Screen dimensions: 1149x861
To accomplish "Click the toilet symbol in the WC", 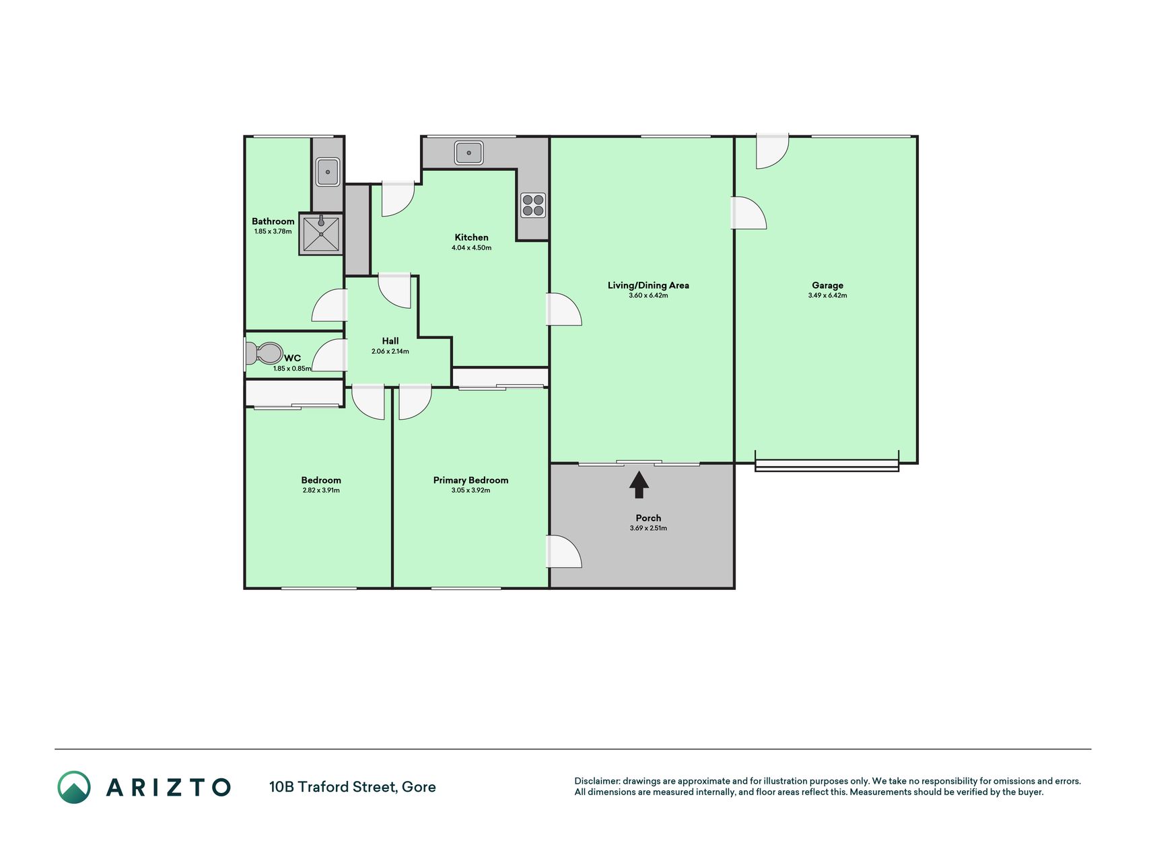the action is pyautogui.click(x=264, y=354).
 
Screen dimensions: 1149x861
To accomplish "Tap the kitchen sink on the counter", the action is pyautogui.click(x=468, y=153).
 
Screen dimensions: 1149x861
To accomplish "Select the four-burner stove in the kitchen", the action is pyautogui.click(x=533, y=205).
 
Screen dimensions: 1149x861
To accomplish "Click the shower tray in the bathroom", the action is pyautogui.click(x=321, y=233).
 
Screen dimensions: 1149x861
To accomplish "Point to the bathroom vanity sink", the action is pyautogui.click(x=328, y=172).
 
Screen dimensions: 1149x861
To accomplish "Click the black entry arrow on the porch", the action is pyautogui.click(x=639, y=484).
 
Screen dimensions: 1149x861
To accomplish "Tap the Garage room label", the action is pyautogui.click(x=827, y=285).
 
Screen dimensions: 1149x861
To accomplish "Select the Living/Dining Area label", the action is pyautogui.click(x=648, y=285).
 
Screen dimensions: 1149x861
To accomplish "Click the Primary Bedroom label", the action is pyautogui.click(x=471, y=480).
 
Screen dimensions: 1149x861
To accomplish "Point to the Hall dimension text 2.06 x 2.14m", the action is pyautogui.click(x=390, y=351).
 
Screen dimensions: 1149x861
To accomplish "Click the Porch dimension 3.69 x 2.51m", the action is pyautogui.click(x=648, y=528).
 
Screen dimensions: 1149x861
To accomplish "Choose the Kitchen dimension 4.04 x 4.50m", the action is pyautogui.click(x=471, y=248).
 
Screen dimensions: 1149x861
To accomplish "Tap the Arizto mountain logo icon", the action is pyautogui.click(x=74, y=787).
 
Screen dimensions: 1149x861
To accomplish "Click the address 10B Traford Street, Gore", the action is pyautogui.click(x=352, y=787).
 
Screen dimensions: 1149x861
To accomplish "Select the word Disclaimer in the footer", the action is pyautogui.click(x=596, y=781).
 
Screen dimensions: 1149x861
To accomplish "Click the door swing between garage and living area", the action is pyautogui.click(x=748, y=213).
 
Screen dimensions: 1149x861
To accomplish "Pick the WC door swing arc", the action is pyautogui.click(x=330, y=355).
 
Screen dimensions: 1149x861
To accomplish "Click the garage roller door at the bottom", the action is pyautogui.click(x=827, y=464).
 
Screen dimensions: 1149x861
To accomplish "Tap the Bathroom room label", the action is pyautogui.click(x=273, y=221).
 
